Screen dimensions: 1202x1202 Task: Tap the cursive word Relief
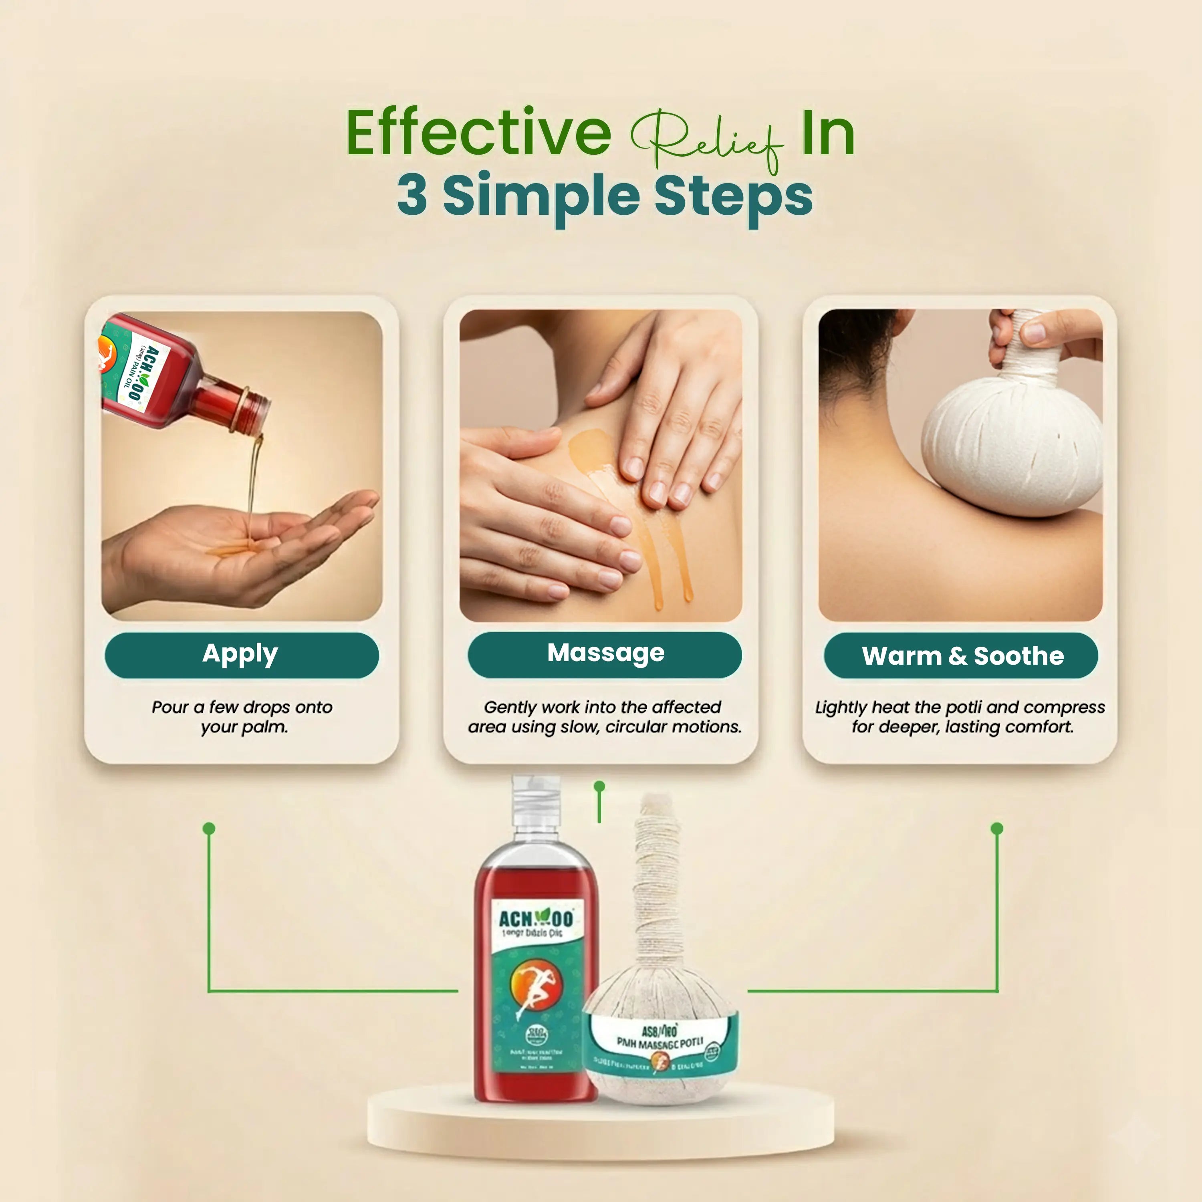point(706,140)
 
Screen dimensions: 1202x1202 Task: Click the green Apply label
point(241,655)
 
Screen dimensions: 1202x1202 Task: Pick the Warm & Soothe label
point(962,656)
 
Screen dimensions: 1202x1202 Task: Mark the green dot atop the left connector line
point(209,829)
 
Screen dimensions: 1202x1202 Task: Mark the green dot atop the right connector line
point(997,829)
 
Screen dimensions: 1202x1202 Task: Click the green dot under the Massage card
point(599,787)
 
